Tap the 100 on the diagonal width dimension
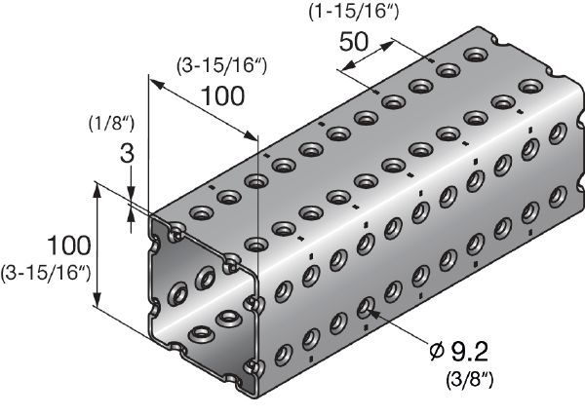[223, 96]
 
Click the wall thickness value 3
[126, 153]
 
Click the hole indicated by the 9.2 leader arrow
[363, 308]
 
